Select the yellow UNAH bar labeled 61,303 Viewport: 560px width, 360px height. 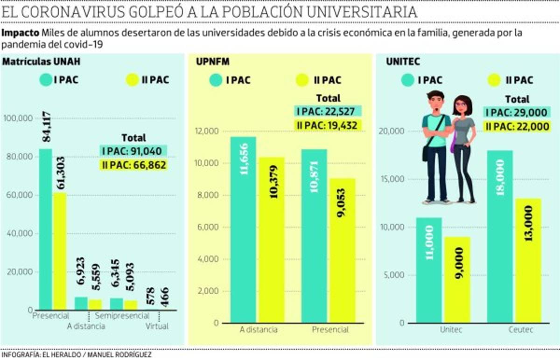[59, 252]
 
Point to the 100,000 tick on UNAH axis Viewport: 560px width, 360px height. [18, 118]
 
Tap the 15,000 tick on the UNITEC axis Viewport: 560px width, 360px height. [393, 180]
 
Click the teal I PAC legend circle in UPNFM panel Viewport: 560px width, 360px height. [216, 80]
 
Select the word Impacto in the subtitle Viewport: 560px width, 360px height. [20, 34]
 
